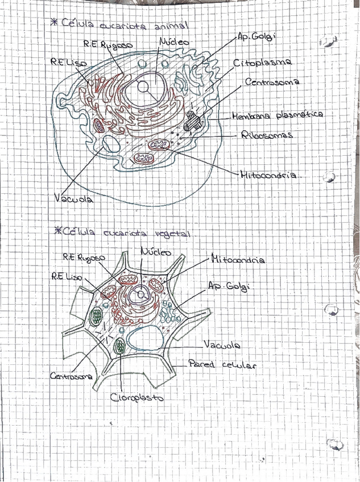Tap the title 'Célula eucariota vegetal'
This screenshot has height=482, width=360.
coord(129,232)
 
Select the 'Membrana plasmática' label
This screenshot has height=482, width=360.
coord(278,115)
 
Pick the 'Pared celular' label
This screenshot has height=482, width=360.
coord(221,364)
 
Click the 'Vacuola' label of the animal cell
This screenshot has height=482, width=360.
coord(74,198)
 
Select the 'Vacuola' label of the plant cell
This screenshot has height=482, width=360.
coord(221,345)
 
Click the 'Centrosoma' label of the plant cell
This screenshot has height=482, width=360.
coord(71,376)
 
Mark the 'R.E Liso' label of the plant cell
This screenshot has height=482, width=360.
coord(67,277)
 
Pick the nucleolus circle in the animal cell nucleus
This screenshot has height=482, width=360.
coord(143,87)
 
